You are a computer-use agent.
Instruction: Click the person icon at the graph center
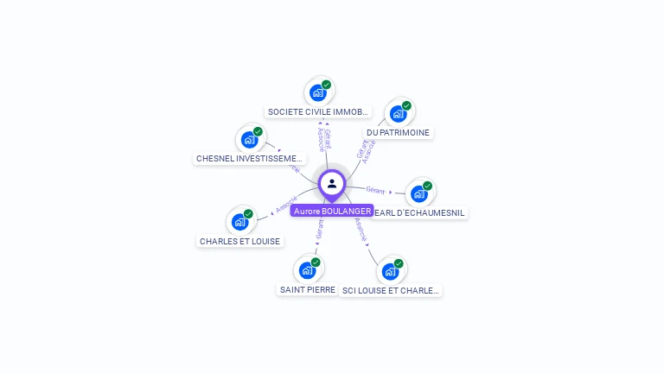[332, 183]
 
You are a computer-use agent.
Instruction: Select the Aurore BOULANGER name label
[332, 211]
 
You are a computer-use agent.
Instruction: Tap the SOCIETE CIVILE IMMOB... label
[317, 112]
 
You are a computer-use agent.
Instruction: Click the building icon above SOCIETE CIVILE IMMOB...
[318, 92]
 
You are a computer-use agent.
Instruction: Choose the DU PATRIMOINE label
[398, 133]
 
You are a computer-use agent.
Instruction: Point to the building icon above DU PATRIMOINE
[398, 113]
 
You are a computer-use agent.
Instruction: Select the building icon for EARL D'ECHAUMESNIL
[419, 193]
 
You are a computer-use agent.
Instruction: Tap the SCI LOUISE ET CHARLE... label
[391, 291]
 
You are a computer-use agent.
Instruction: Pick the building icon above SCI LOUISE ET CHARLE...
[391, 271]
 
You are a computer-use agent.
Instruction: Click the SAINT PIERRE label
[308, 290]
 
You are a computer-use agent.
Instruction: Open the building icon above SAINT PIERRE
[307, 270]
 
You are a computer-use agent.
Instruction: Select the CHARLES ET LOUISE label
[239, 242]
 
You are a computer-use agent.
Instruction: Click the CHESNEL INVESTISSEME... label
[250, 159]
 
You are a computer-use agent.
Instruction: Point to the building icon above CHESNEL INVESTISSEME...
[250, 139]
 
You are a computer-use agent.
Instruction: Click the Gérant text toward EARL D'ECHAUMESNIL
[375, 190]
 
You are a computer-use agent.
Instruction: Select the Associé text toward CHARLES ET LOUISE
[286, 205]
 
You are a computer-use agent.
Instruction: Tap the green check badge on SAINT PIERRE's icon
[316, 262]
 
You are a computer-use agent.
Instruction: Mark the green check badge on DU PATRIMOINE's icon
[406, 105]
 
